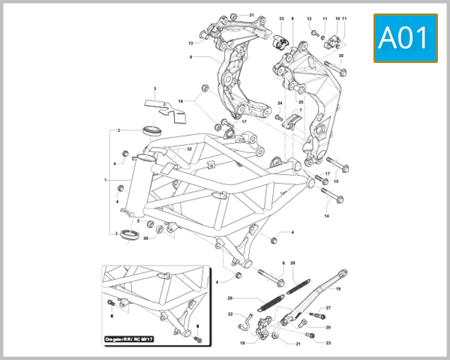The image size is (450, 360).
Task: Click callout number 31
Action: [252, 15]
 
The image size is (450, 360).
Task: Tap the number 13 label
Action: [191, 43]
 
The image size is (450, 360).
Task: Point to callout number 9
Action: [191, 57]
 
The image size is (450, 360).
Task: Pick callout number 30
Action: [340, 56]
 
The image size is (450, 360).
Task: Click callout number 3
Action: [154, 88]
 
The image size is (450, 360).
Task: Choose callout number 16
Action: [180, 100]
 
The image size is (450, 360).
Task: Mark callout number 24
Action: [280, 103]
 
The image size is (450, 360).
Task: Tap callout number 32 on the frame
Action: [190, 149]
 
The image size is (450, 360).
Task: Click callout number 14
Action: [326, 216]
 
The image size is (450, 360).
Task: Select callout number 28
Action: [293, 263]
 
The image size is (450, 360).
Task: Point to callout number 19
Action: [338, 289]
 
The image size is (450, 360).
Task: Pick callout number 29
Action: [230, 298]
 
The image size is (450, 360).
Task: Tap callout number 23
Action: [328, 343]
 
